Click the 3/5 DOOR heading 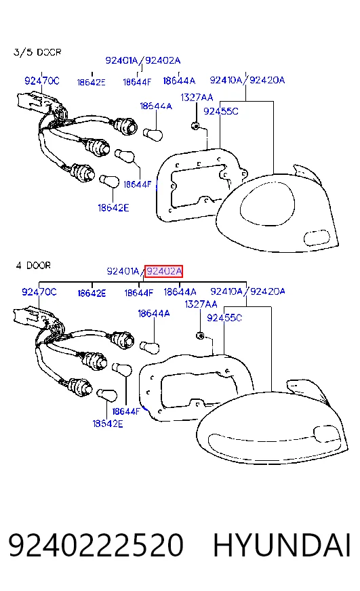37,52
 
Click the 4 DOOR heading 33,266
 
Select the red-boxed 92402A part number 164,271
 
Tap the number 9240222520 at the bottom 96,545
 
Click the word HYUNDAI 282,545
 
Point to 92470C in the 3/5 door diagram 42,81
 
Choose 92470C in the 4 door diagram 39,291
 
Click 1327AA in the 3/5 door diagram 197,98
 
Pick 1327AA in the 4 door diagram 201,304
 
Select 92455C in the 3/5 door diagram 221,111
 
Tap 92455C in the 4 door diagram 224,318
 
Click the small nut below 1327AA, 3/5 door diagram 196,125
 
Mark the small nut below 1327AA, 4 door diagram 200,335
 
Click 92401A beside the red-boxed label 123,271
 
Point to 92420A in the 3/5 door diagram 267,80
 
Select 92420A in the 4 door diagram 268,291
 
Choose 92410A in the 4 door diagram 226,291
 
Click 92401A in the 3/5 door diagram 122,60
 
